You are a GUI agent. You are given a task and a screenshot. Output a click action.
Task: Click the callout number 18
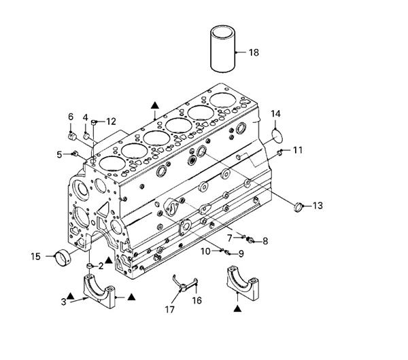pyautogui.click(x=254, y=52)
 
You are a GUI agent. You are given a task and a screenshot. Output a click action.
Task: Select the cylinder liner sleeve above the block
pyautogui.click(x=223, y=49)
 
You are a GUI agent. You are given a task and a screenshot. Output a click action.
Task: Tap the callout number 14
pyautogui.click(x=275, y=114)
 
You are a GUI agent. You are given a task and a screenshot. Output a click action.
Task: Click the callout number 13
pyautogui.click(x=318, y=206)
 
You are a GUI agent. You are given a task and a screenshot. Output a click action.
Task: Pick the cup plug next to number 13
pyautogui.click(x=299, y=206)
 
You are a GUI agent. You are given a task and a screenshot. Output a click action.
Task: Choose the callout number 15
pyautogui.click(x=35, y=257)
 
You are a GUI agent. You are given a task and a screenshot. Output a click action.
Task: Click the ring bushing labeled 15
pyautogui.click(x=63, y=257)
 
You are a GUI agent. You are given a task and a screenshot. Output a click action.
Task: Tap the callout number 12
pyautogui.click(x=111, y=122)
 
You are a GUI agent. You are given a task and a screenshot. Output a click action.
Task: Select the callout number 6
pyautogui.click(x=71, y=117)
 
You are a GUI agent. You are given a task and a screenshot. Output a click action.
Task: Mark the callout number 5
pyautogui.click(x=60, y=155)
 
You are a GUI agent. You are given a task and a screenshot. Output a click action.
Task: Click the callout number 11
pyautogui.click(x=298, y=150)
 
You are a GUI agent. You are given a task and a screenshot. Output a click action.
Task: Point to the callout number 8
pyautogui.click(x=265, y=241)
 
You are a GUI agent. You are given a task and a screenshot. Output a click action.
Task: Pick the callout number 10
pyautogui.click(x=205, y=251)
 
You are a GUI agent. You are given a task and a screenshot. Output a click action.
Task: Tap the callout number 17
pyautogui.click(x=169, y=309)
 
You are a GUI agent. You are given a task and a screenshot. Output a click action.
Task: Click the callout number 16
pyautogui.click(x=197, y=300)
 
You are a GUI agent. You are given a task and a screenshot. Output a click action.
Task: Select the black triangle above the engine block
pyautogui.click(x=155, y=105)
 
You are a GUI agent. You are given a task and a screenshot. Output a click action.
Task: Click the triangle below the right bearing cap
pyautogui.click(x=237, y=308)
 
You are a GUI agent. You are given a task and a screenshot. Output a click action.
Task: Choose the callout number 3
pyautogui.click(x=63, y=302)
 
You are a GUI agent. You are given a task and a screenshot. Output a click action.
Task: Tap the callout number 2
pyautogui.click(x=101, y=266)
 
